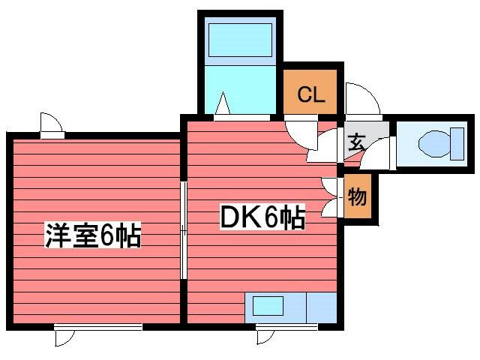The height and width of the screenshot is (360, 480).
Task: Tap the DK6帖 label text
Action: pos(262,218)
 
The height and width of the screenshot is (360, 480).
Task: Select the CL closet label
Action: pos(310,95)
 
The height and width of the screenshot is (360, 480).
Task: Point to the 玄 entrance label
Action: pos(355,140)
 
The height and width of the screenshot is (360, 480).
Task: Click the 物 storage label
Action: pos(357,198)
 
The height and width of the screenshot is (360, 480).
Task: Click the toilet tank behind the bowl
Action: pos(457,143)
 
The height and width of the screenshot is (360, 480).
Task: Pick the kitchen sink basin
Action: pos(267,307)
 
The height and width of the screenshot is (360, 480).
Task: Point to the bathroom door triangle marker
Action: pos(223,105)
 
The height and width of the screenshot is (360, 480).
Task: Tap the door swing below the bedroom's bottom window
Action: pos(65,337)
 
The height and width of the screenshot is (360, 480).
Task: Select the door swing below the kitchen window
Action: pos(265,337)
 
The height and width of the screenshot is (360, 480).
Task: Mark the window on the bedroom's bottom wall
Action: pos(98,326)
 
